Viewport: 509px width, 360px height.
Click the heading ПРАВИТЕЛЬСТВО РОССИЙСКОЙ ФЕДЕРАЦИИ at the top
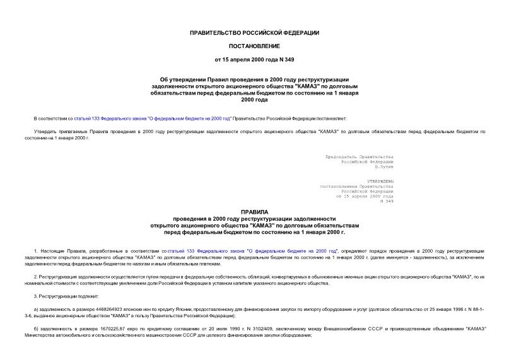click(254, 33)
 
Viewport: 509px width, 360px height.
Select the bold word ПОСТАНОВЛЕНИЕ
click(254, 47)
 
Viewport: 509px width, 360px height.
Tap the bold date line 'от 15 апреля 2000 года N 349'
click(254, 60)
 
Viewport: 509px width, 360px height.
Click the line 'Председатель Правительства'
click(359, 156)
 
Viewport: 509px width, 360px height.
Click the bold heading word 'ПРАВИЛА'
click(254, 212)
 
